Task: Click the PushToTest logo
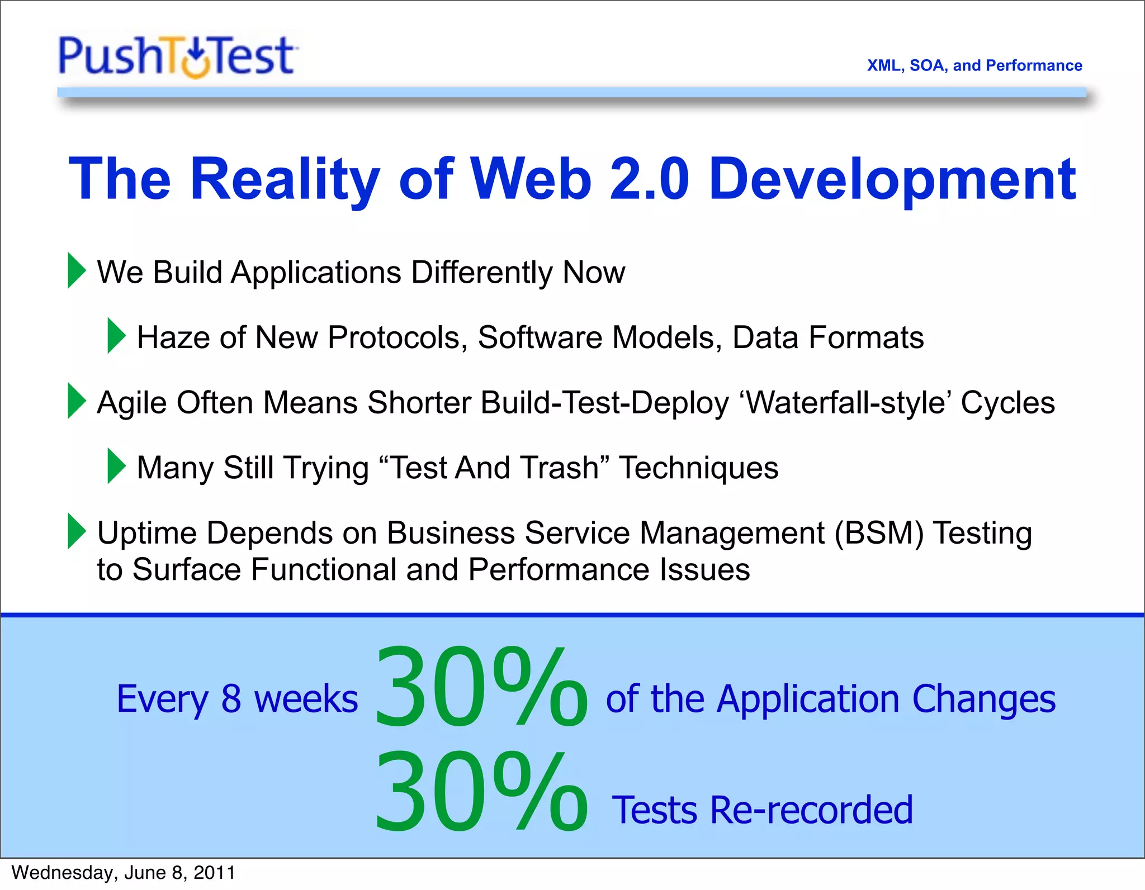pyautogui.click(x=178, y=56)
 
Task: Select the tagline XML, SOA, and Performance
pyautogui.click(x=974, y=65)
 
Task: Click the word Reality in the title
pyautogui.click(x=285, y=179)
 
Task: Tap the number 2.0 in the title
pyautogui.click(x=649, y=179)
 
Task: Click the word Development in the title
pyautogui.click(x=892, y=179)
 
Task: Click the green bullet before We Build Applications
pyautogui.click(x=77, y=271)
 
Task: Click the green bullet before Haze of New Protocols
pyautogui.click(x=116, y=336)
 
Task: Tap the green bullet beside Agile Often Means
pyautogui.click(x=77, y=401)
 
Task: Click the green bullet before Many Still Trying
pyautogui.click(x=116, y=466)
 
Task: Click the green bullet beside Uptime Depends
pyautogui.click(x=77, y=531)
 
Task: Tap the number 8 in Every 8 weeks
pyautogui.click(x=231, y=699)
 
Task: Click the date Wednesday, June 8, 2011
pyautogui.click(x=123, y=873)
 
